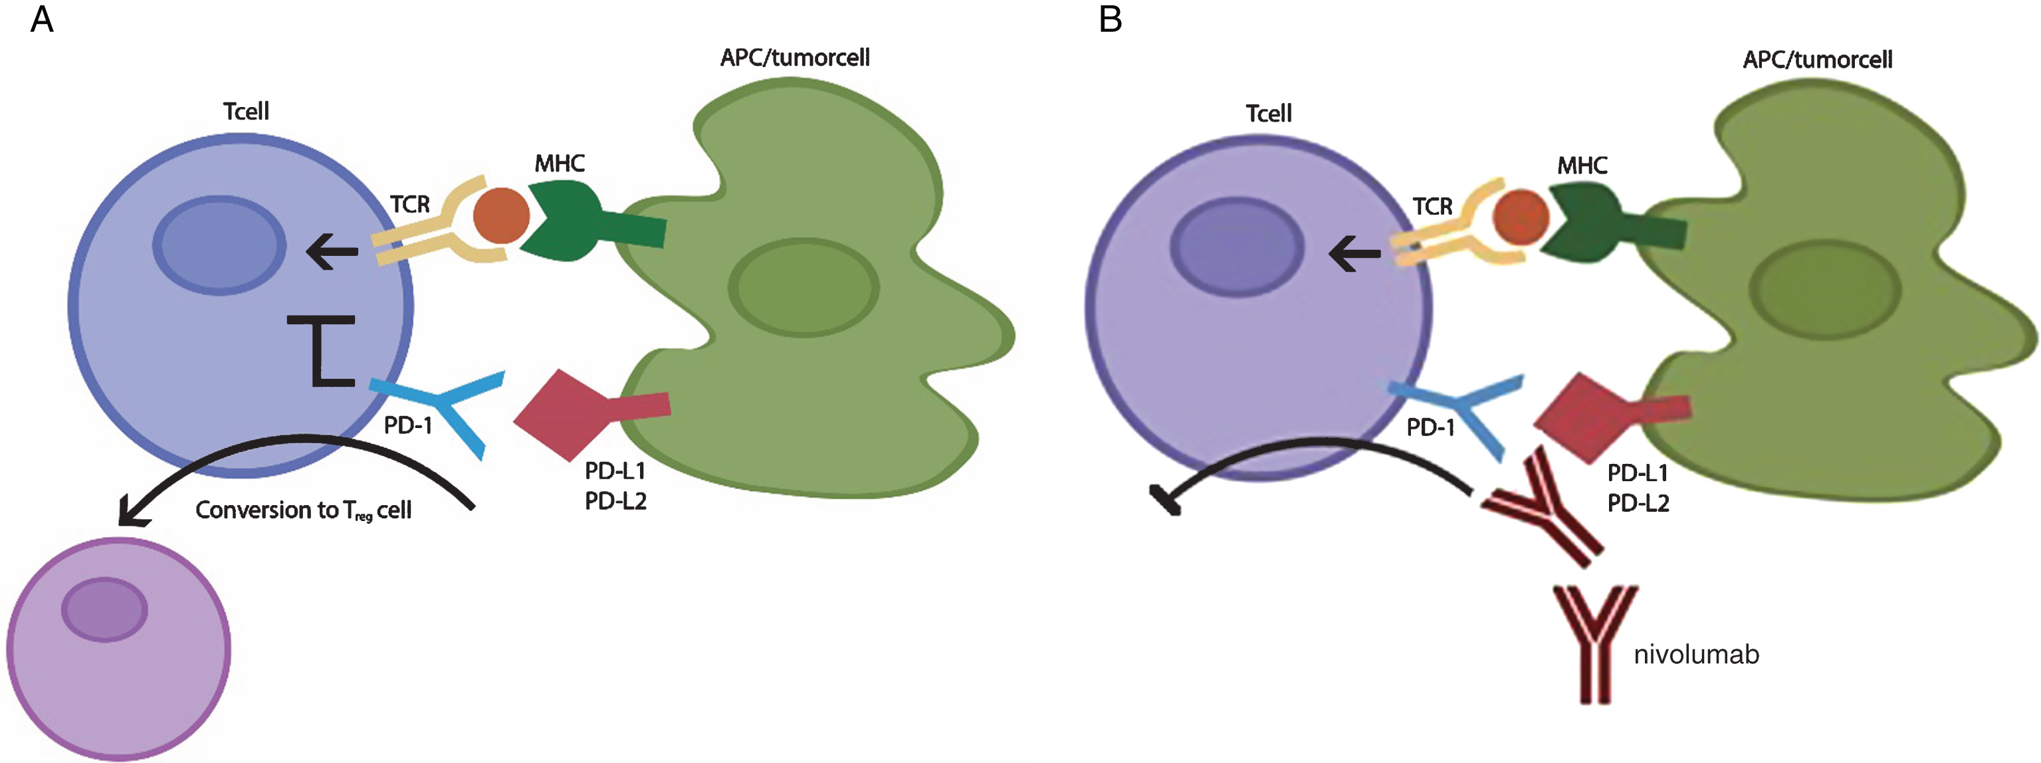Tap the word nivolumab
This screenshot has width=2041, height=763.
coord(1696,655)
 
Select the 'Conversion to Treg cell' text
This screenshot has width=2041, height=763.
coord(304,510)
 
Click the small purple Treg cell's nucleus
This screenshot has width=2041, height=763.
coord(104,609)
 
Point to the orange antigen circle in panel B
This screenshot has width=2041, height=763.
coord(1521,217)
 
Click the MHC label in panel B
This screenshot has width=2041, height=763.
coord(1582,165)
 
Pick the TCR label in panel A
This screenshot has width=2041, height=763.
coord(409,205)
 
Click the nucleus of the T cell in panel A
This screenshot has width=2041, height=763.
coord(219,245)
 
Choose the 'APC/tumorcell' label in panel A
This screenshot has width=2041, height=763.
coord(795,58)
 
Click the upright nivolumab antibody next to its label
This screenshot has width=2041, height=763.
coord(1595,644)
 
